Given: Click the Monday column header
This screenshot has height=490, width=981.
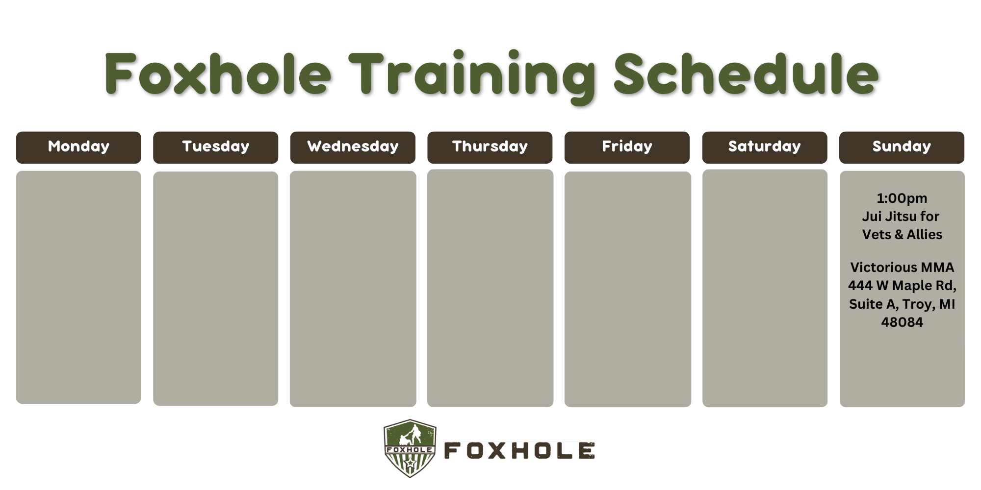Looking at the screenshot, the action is point(78,147).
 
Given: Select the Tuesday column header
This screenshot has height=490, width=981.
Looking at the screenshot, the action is point(215,147).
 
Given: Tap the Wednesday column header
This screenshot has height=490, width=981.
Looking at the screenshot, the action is point(353,147).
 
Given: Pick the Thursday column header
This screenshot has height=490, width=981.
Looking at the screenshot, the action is point(490,147).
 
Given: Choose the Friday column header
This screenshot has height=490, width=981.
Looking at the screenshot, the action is point(627,147).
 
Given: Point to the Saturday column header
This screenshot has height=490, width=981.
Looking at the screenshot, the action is point(765,147).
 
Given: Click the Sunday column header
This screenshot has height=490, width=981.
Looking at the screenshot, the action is point(902,147).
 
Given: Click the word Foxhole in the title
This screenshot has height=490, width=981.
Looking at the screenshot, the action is point(218,73).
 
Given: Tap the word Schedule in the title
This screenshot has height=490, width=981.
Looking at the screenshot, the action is point(746,73).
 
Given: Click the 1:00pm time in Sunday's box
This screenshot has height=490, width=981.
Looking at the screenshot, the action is point(902,198).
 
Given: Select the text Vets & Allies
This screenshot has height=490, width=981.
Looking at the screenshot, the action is point(902,235).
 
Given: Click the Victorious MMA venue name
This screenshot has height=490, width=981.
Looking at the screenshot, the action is point(902,268).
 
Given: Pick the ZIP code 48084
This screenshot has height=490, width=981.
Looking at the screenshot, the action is point(902,322).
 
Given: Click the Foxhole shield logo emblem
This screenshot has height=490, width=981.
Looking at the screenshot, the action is point(410,448).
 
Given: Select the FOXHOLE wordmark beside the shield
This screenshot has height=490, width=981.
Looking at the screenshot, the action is point(519,451).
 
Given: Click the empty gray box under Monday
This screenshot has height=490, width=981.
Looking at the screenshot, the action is point(78,287).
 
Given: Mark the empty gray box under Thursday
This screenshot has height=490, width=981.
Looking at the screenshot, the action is point(490,288).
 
